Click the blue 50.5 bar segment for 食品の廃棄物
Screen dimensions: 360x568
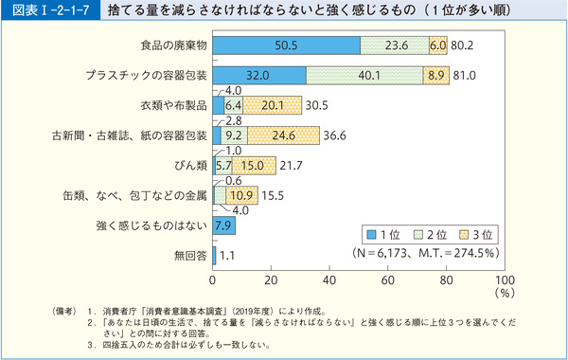[286, 45]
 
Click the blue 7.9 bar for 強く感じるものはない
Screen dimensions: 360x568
[224, 225]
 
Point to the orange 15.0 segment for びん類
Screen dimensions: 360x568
[253, 165]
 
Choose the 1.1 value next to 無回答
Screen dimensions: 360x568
[228, 255]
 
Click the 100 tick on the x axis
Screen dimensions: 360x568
[504, 281]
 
